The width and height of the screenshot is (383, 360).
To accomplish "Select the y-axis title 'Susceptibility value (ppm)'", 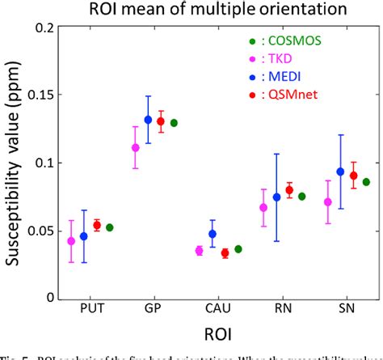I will coord(15,162).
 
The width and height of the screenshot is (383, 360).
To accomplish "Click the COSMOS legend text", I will coord(292,40).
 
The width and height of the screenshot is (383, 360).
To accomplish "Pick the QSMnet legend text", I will coord(288,96).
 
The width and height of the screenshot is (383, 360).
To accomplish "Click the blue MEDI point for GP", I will coord(148,120).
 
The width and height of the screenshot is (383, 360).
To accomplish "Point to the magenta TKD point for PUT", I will coord(71,241).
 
